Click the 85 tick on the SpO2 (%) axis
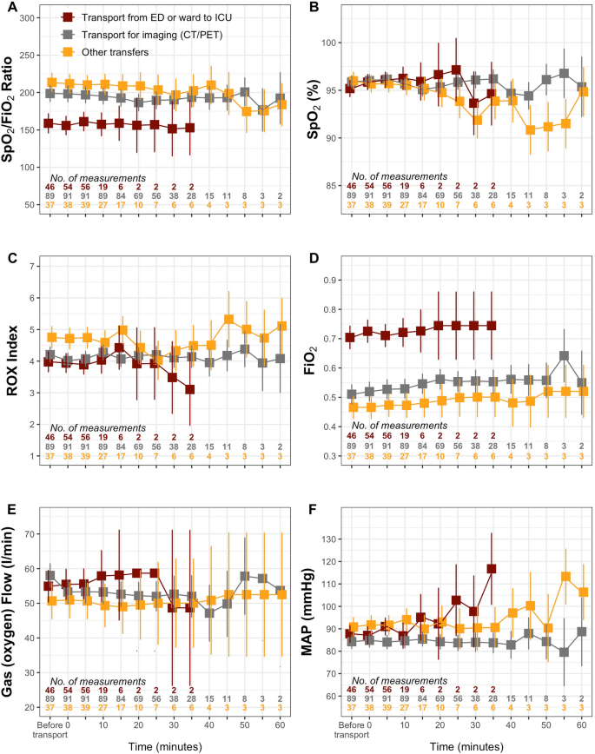(x=332, y=186)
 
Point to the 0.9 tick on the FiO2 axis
(x=332, y=280)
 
